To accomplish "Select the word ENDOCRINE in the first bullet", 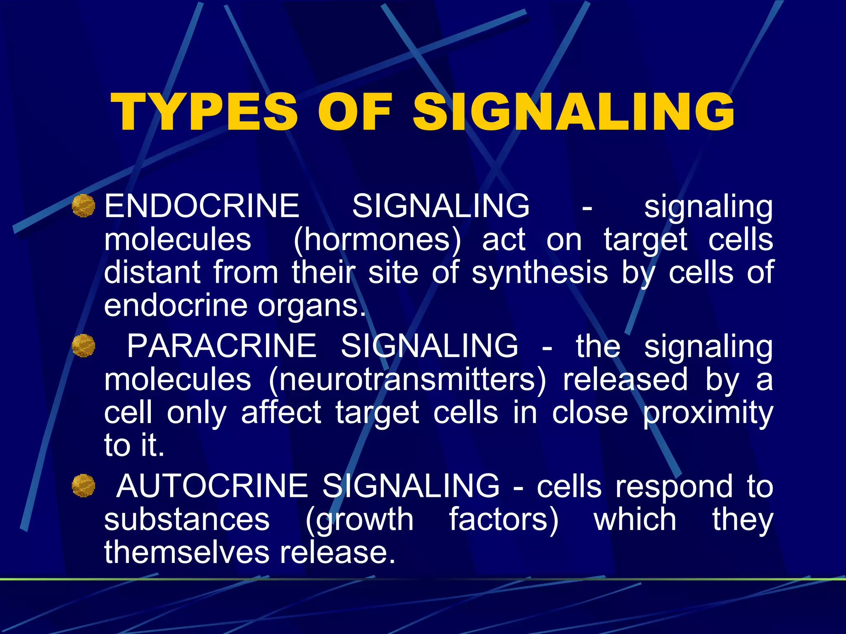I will click(x=202, y=206).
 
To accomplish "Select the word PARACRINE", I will click(x=221, y=346).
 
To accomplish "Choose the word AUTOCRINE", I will click(x=212, y=486).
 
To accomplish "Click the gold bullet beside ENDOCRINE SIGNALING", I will click(x=83, y=206).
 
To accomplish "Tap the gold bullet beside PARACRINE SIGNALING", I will click(x=83, y=346).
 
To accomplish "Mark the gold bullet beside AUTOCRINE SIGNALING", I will click(x=83, y=485).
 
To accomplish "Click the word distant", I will click(x=152, y=272).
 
